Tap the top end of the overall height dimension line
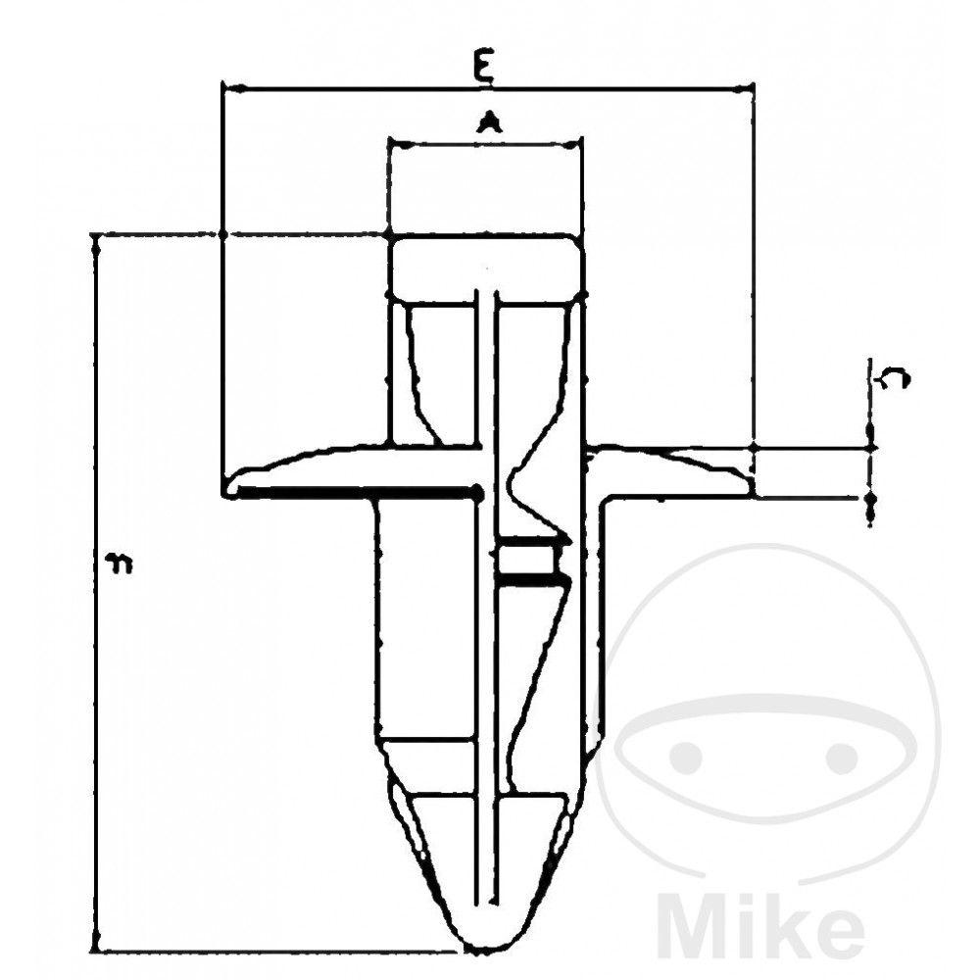click(x=96, y=236)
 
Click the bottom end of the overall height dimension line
click(x=96, y=949)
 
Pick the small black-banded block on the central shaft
click(x=529, y=562)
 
